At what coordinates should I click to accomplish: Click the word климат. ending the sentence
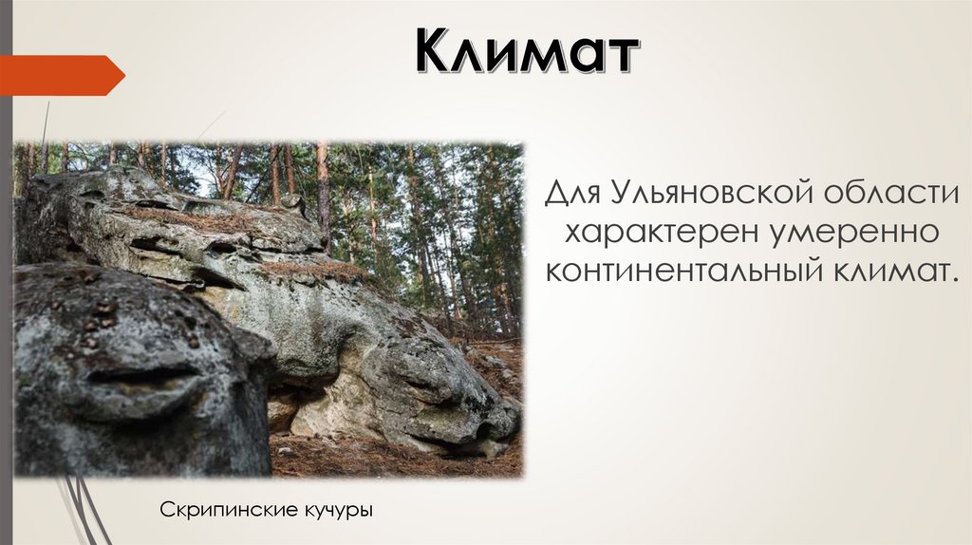893,272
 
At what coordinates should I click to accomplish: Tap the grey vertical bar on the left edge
6,285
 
